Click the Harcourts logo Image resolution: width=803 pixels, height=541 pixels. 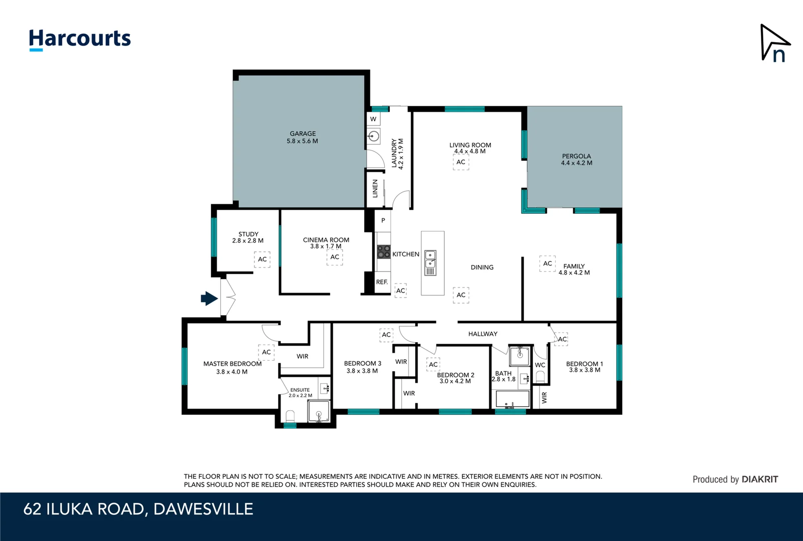coord(80,39)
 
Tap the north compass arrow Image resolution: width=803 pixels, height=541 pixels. coord(774,43)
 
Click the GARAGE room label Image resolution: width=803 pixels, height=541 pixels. coord(303,134)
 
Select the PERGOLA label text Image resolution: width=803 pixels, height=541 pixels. coord(576,156)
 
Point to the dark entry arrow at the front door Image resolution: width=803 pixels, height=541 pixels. coord(209,299)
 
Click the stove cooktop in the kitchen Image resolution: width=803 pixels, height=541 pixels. coord(384,251)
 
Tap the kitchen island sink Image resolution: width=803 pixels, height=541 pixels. coord(430,259)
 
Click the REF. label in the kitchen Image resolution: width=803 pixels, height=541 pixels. coord(382,282)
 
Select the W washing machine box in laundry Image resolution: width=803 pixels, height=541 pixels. coord(373,119)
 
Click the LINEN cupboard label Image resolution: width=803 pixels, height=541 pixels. coord(375,188)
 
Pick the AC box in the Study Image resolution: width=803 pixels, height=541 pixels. coord(262,259)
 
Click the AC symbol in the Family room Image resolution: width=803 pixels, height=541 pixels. coord(547,263)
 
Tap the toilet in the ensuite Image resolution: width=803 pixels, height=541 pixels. coord(290,416)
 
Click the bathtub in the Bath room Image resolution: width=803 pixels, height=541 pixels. coord(512,399)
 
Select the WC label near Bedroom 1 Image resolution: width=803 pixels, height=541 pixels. coord(540,365)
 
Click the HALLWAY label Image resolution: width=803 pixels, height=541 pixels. coord(482,334)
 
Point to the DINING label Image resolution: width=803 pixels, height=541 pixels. coord(482,267)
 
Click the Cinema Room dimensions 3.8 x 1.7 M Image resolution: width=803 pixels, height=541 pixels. coord(326,246)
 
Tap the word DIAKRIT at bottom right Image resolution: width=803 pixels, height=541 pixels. coord(759,479)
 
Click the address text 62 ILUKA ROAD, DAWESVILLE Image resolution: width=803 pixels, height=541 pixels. coord(138,509)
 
